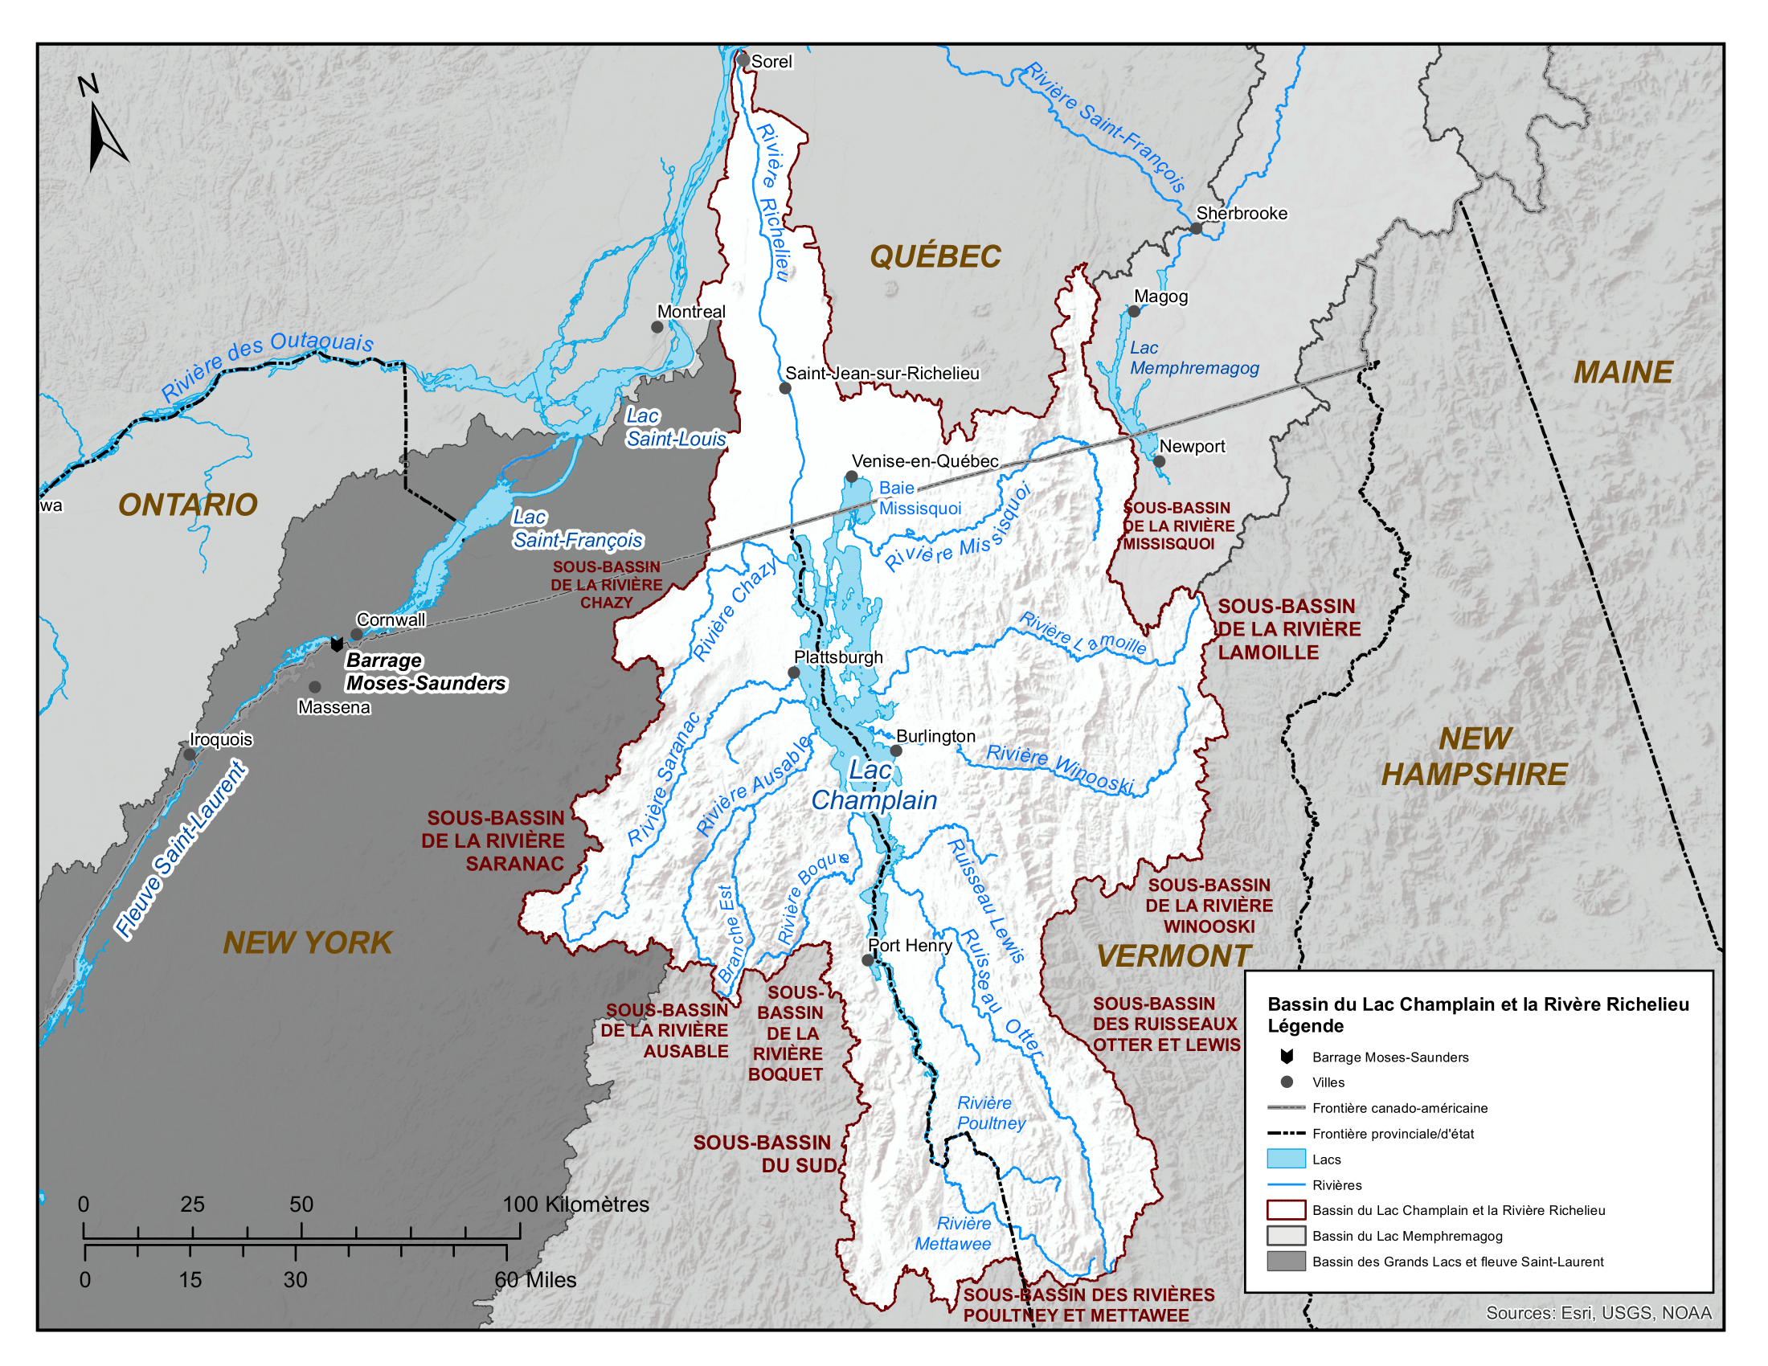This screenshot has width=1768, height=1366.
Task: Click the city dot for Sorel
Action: pyautogui.click(x=743, y=60)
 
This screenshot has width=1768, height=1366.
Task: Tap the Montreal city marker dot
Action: pyautogui.click(x=657, y=327)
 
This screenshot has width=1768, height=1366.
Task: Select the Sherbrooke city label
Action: pyautogui.click(x=1241, y=213)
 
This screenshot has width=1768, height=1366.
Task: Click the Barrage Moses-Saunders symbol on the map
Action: pyautogui.click(x=337, y=644)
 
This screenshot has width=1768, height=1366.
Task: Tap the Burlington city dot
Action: pyautogui.click(x=896, y=750)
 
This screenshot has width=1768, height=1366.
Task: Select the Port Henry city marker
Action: pyautogui.click(x=868, y=959)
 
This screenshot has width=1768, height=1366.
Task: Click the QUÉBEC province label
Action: pyautogui.click(x=935, y=256)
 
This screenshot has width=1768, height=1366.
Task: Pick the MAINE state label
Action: pyautogui.click(x=1623, y=372)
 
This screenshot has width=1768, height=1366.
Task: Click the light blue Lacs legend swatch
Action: pyautogui.click(x=1286, y=1159)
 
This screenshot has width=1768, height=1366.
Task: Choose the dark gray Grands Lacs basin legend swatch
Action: pyautogui.click(x=1286, y=1261)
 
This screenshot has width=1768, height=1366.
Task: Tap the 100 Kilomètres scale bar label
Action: pyautogui.click(x=575, y=1204)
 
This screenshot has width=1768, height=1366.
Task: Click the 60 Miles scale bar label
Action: pyautogui.click(x=535, y=1279)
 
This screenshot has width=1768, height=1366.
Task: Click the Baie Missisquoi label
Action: pyautogui.click(x=919, y=497)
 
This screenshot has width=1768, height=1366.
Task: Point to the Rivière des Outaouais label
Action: pyautogui.click(x=267, y=365)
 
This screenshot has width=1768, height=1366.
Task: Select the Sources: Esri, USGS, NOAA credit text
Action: pyautogui.click(x=1598, y=1313)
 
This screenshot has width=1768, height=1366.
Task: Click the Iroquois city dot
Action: pyautogui.click(x=190, y=755)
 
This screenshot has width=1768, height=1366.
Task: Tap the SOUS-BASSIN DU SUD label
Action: pyautogui.click(x=763, y=1153)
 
